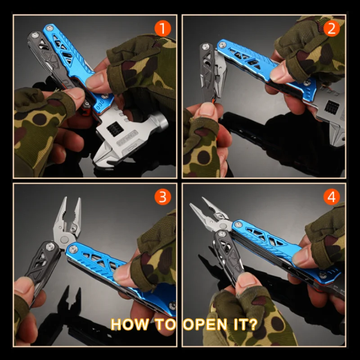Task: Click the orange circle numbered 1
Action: pyautogui.click(x=162, y=28)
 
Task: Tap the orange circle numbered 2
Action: pyautogui.click(x=332, y=28)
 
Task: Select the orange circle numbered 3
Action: pyautogui.click(x=162, y=197)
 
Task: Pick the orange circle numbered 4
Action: pyautogui.click(x=332, y=197)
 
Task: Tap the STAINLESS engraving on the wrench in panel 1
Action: pyautogui.click(x=127, y=138)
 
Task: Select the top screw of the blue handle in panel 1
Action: pyautogui.click(x=49, y=28)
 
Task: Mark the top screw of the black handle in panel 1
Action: pyautogui.click(x=35, y=35)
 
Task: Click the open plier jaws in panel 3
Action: pyautogui.click(x=68, y=218)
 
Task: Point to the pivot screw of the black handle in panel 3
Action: pyautogui.click(x=50, y=247)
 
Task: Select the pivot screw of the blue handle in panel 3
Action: pyautogui.click(x=73, y=249)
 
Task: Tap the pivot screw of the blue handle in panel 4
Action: pyautogui.click(x=238, y=224)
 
